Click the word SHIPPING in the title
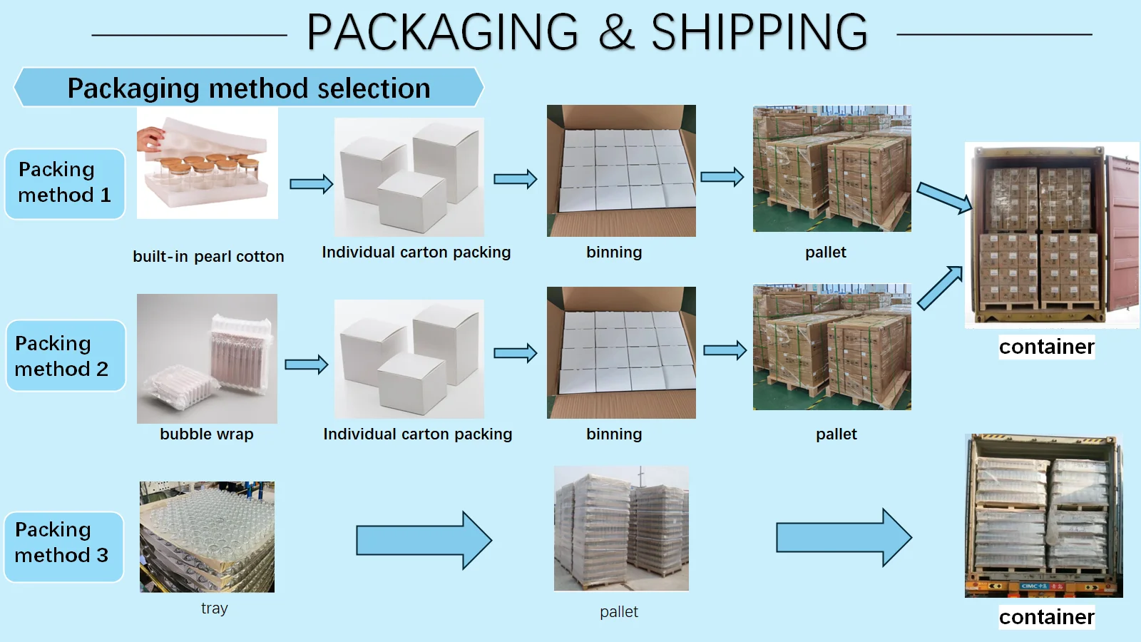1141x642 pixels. click(x=759, y=33)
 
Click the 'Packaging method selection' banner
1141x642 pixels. click(x=249, y=88)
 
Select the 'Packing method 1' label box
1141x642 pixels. click(x=65, y=183)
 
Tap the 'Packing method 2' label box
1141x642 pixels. click(x=65, y=356)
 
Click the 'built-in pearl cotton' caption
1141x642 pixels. click(x=208, y=257)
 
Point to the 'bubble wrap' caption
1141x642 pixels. click(x=207, y=434)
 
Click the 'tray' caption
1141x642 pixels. click(x=214, y=608)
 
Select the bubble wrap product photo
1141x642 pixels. click(x=207, y=359)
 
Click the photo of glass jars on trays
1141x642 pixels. click(x=207, y=536)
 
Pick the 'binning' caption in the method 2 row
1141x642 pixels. click(x=614, y=434)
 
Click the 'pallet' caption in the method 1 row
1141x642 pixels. click(x=826, y=253)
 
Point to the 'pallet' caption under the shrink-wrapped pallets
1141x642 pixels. click(x=619, y=612)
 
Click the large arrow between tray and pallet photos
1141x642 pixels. click(x=424, y=540)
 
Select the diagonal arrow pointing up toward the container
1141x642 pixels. click(x=940, y=287)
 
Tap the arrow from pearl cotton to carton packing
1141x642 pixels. click(x=311, y=184)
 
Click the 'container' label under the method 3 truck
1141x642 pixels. click(x=1046, y=617)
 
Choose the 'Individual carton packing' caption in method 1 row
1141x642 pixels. click(x=416, y=253)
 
